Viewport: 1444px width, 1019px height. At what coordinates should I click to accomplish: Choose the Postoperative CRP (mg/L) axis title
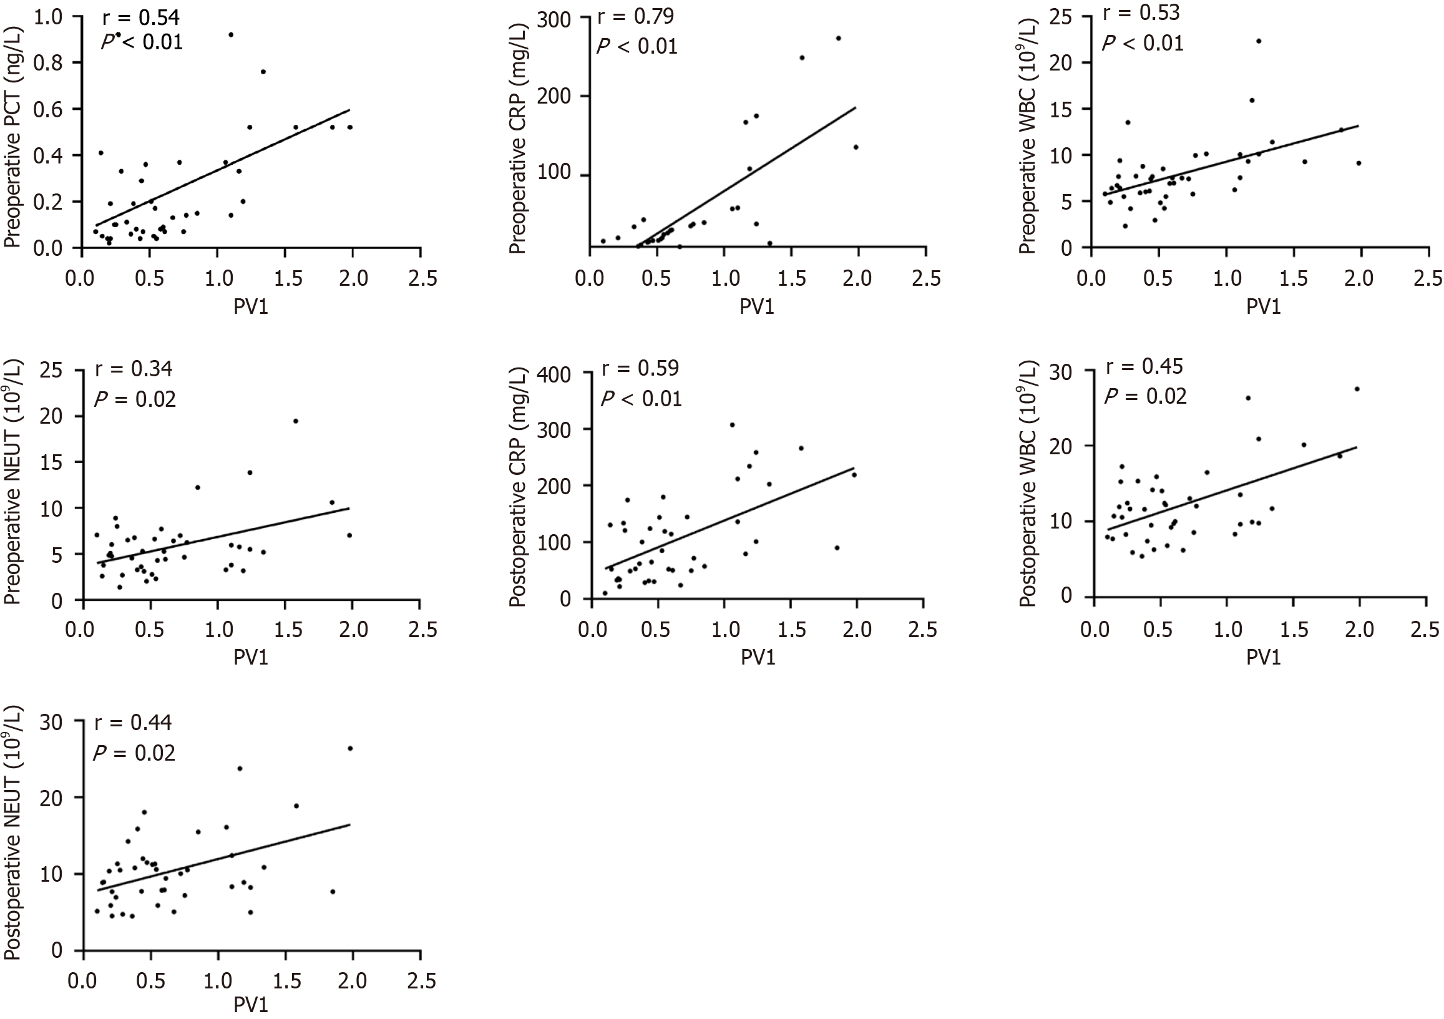(x=517, y=485)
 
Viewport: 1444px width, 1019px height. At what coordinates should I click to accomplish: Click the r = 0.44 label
(x=133, y=723)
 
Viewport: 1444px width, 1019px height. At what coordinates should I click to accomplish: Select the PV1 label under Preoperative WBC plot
(x=1264, y=306)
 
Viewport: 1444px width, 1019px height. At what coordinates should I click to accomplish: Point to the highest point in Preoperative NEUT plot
(x=296, y=421)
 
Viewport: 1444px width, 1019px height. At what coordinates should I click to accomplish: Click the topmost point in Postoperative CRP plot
(x=731, y=424)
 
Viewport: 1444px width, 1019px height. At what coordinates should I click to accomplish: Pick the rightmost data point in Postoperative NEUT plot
(x=350, y=748)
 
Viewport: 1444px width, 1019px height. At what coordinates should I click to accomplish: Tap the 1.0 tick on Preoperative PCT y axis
(x=49, y=17)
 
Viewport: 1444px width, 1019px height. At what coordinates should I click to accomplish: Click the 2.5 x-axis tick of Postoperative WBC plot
(x=1425, y=630)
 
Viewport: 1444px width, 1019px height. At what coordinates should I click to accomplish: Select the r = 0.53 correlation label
(x=1141, y=12)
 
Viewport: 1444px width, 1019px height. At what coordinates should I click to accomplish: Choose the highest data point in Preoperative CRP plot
(x=837, y=38)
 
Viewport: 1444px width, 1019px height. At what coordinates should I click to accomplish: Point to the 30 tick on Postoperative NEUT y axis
(x=50, y=721)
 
